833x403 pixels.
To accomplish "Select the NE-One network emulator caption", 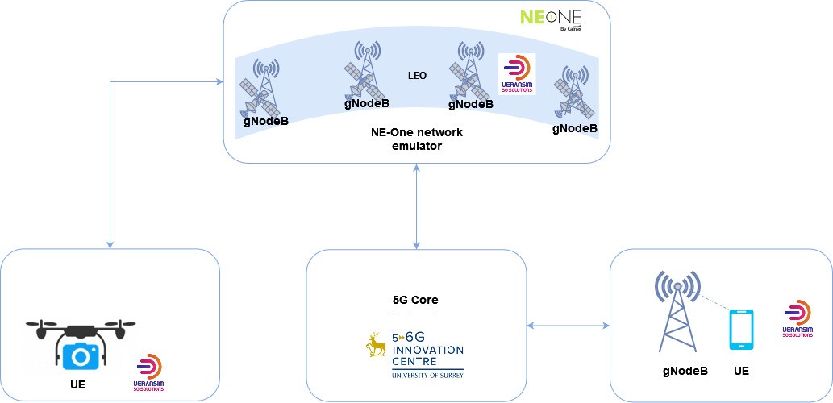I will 416,139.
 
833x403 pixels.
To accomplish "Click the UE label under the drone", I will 77,384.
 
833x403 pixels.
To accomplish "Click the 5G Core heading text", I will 414,301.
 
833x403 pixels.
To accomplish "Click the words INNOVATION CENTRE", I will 427,355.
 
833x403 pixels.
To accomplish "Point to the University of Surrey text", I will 427,374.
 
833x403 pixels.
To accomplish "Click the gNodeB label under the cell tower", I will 685,371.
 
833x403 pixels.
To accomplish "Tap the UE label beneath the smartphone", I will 742,371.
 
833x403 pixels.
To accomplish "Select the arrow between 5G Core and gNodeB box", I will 568,326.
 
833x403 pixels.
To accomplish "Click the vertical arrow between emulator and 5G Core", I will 416,206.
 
